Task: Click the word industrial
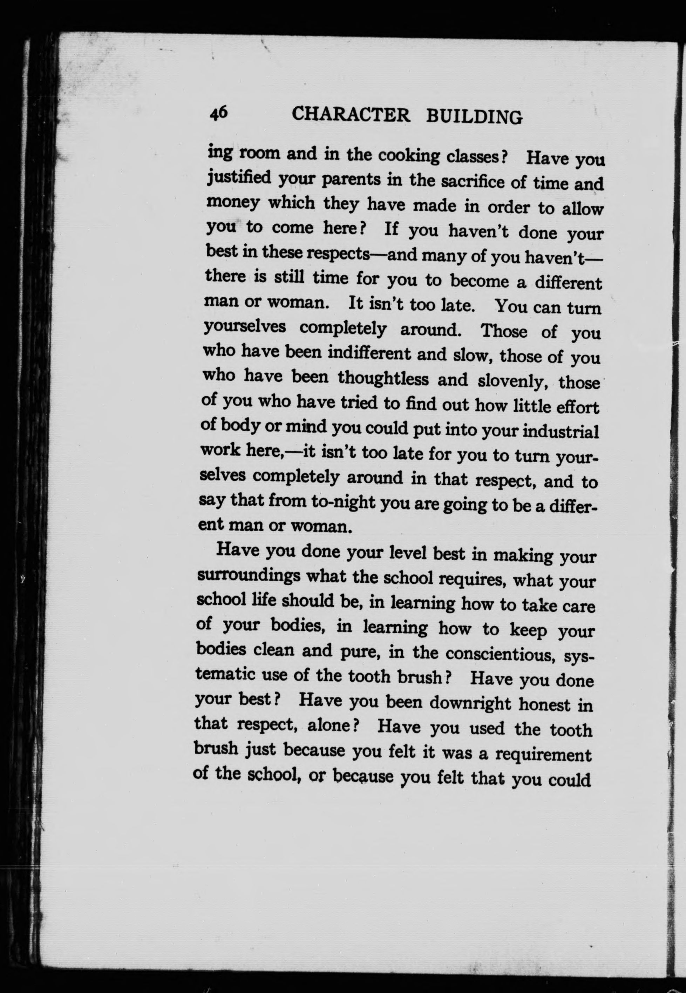(561, 431)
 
